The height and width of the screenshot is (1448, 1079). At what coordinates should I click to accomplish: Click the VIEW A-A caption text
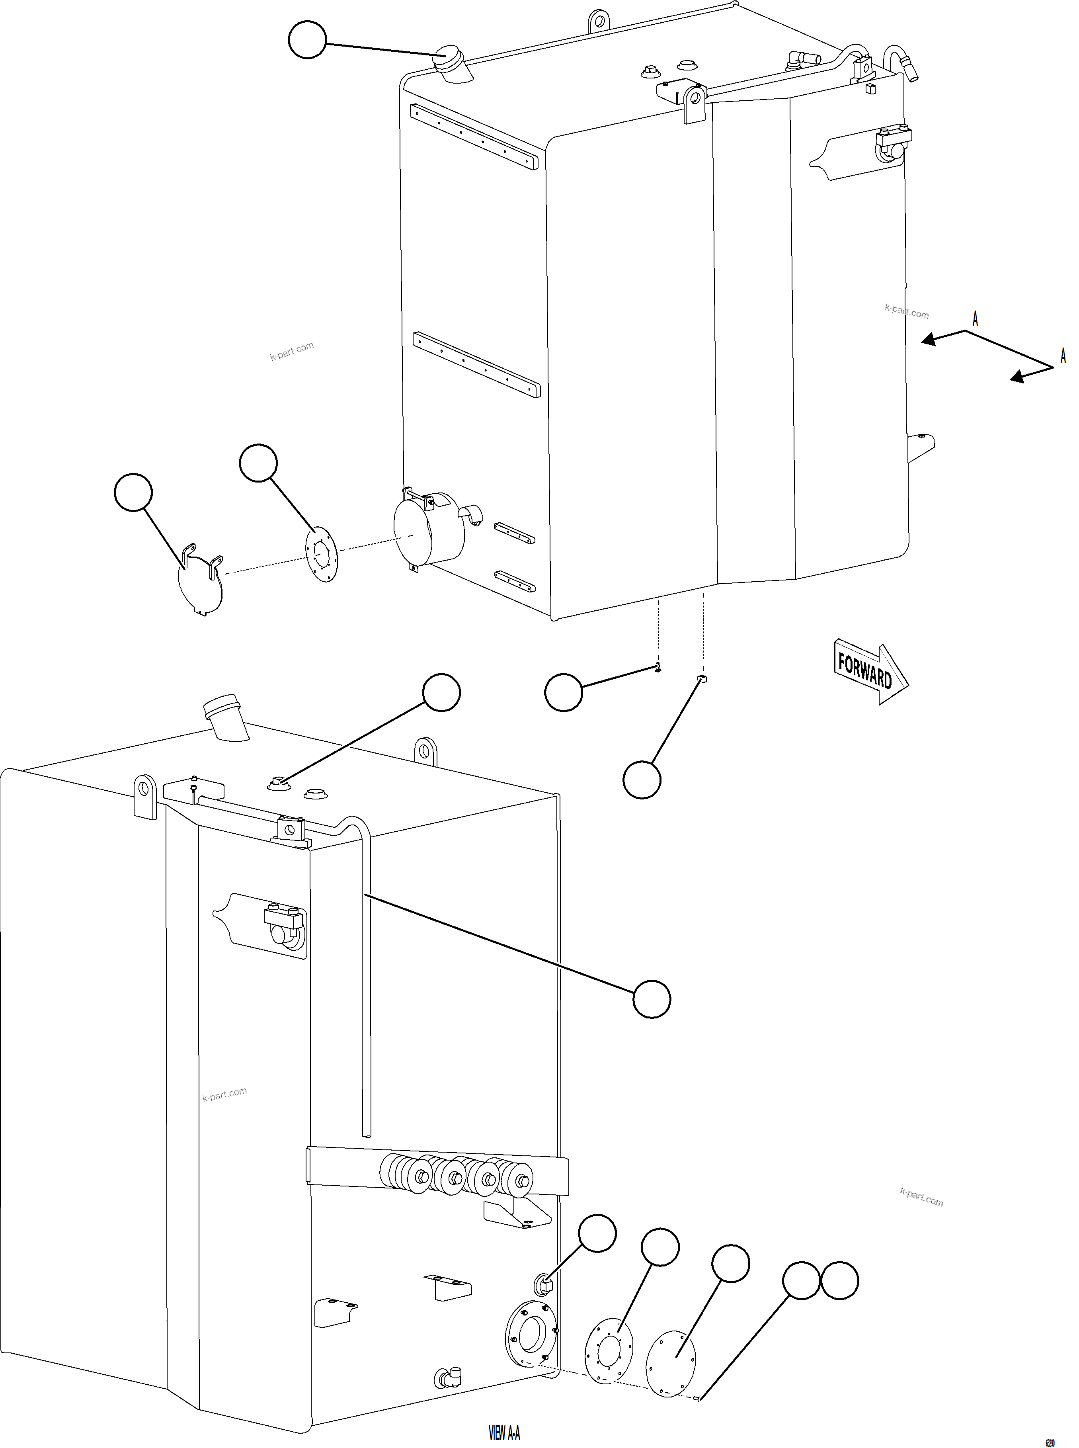click(504, 1432)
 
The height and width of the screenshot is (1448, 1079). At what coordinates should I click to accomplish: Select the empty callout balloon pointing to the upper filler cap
click(307, 39)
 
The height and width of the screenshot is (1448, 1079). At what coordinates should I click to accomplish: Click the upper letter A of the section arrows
click(975, 319)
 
